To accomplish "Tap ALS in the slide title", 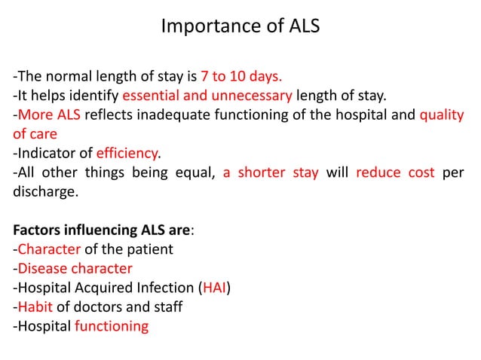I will coord(303,27).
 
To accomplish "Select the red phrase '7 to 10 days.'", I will coord(240,76).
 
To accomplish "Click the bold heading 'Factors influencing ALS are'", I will coord(97,230).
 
